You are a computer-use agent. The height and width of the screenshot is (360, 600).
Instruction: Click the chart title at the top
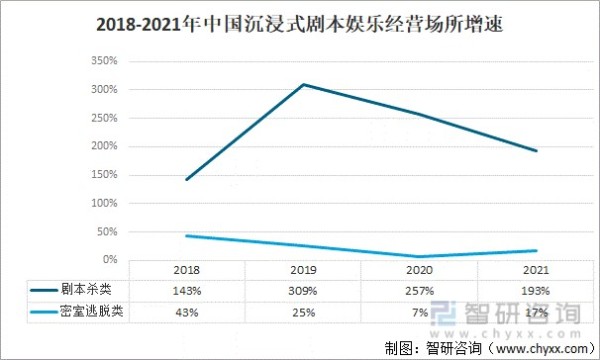(300, 26)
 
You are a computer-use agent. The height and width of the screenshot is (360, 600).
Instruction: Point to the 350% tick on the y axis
(104, 61)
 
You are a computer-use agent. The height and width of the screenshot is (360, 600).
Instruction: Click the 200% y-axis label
(104, 146)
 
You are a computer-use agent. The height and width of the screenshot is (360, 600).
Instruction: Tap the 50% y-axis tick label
(107, 231)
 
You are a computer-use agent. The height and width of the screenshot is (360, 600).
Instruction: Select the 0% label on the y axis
(110, 260)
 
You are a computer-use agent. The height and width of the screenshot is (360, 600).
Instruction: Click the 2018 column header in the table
(186, 271)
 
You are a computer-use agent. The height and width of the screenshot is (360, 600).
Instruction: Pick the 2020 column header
(420, 271)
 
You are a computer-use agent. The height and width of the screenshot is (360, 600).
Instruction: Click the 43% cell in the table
(186, 312)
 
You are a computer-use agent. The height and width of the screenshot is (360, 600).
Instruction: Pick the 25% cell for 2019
(303, 312)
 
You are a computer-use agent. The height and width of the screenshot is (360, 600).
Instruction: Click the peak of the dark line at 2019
(304, 84)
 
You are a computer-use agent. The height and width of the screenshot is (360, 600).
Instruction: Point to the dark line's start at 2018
(186, 179)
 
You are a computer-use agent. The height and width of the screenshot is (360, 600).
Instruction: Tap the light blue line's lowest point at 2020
(420, 256)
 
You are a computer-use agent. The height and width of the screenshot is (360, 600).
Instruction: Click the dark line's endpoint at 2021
(537, 151)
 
